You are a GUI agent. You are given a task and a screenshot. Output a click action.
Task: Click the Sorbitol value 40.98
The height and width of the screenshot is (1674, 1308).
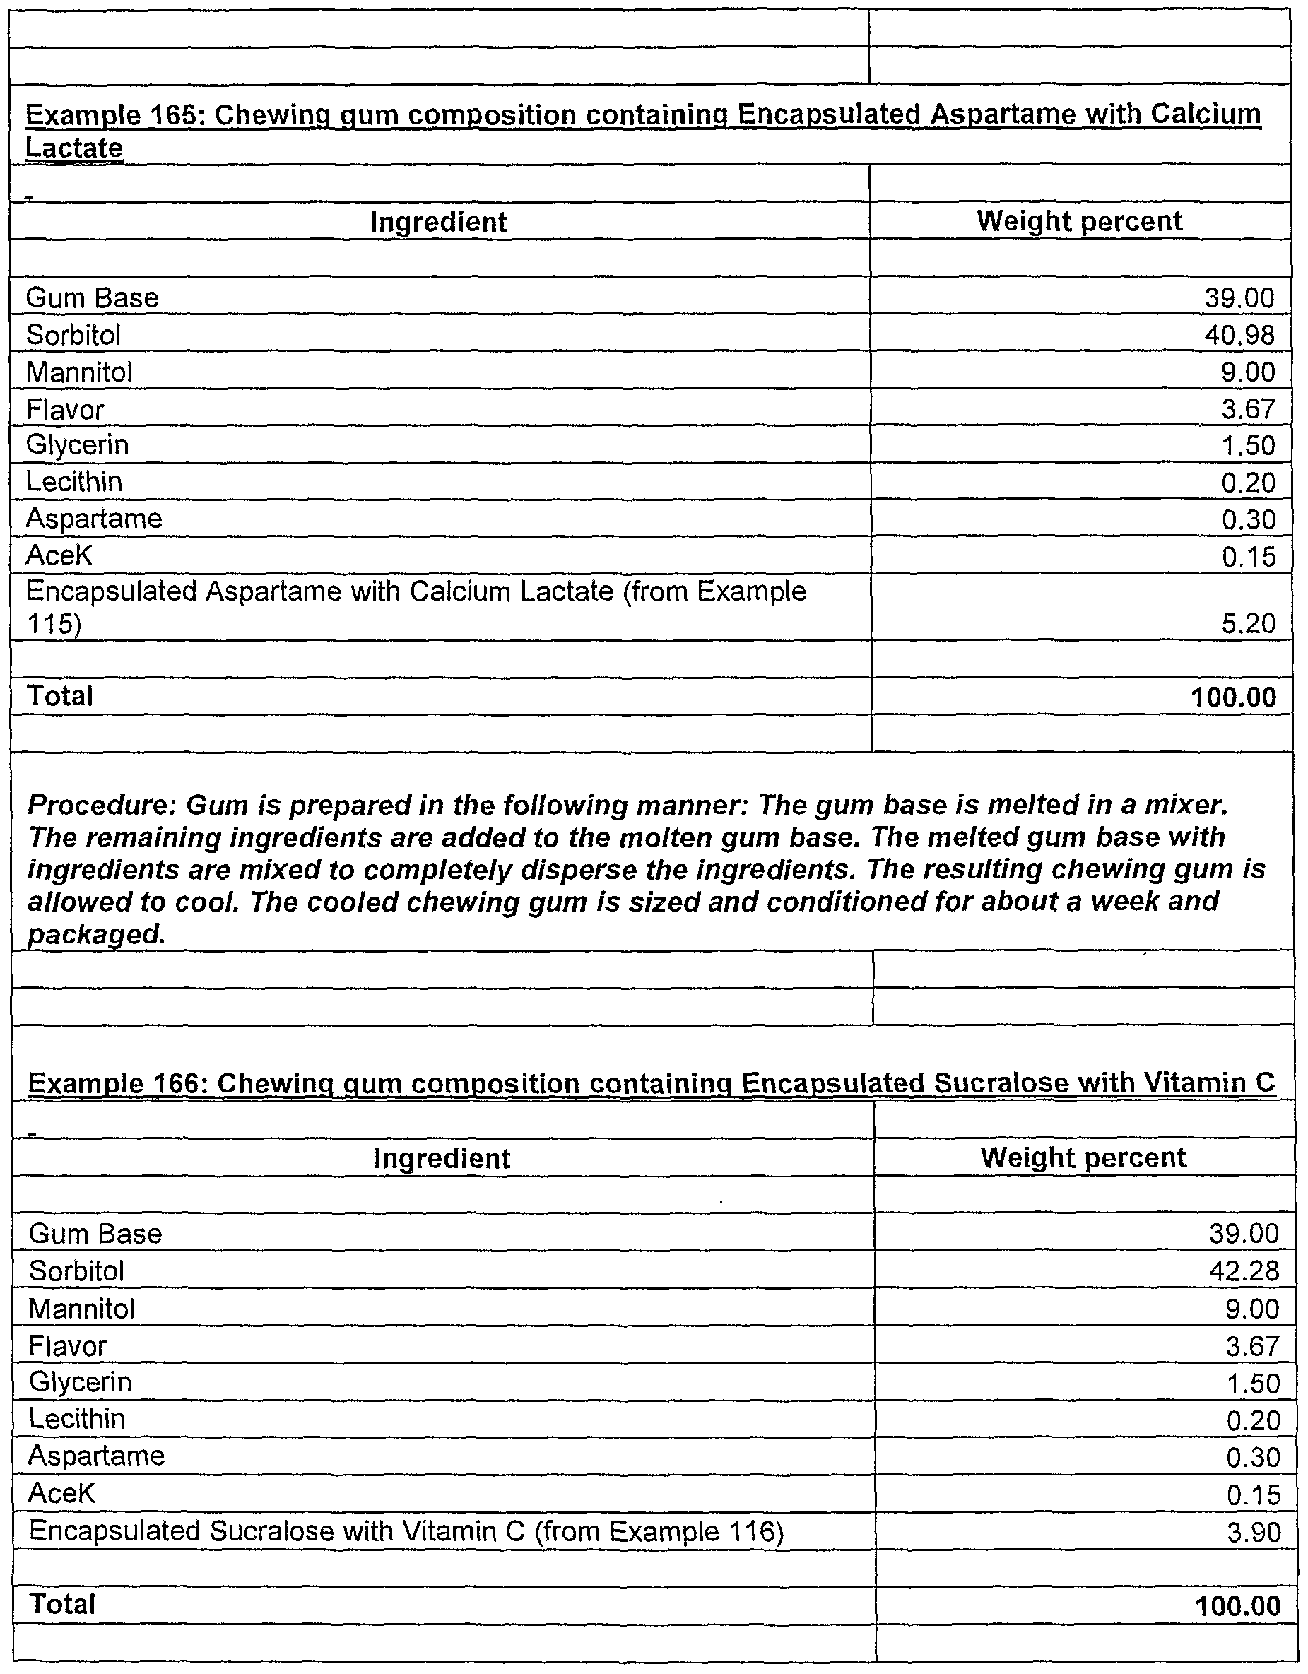(x=1239, y=335)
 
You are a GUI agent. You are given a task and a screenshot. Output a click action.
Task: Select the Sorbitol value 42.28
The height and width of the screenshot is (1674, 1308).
(x=1244, y=1271)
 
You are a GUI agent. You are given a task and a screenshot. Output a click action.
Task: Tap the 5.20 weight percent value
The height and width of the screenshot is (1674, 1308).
(x=1248, y=623)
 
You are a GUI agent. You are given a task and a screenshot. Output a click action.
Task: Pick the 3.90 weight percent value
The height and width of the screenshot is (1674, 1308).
(x=1253, y=1532)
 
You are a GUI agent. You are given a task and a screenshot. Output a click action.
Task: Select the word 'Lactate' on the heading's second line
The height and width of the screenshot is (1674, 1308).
(x=73, y=147)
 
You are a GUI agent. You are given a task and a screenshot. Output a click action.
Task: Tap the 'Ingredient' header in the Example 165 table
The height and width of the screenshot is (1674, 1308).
(x=439, y=223)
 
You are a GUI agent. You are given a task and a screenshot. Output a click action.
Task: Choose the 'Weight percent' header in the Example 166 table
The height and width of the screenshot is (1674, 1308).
(x=1083, y=1157)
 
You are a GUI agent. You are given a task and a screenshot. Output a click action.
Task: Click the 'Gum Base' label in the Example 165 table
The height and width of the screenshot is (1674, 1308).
(x=92, y=297)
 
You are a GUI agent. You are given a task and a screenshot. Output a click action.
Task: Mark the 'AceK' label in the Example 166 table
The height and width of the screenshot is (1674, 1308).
(x=61, y=1493)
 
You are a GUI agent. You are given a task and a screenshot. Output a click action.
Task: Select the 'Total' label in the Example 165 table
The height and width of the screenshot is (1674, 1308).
(x=60, y=696)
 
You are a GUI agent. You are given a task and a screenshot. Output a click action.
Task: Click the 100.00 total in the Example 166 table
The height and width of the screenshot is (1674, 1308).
(x=1237, y=1605)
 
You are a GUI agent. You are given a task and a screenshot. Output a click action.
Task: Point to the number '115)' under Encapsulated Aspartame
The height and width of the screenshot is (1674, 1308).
(x=54, y=624)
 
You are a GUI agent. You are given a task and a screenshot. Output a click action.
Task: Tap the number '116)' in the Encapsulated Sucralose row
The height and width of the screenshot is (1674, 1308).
(x=756, y=1531)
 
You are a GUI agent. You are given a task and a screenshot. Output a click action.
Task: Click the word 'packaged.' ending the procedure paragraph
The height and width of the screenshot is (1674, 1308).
(x=97, y=933)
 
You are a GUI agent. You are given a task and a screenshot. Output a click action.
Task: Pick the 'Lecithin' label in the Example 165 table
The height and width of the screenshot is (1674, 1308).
(x=73, y=482)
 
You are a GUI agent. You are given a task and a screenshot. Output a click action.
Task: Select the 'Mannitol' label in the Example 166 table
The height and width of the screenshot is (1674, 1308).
(x=81, y=1309)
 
